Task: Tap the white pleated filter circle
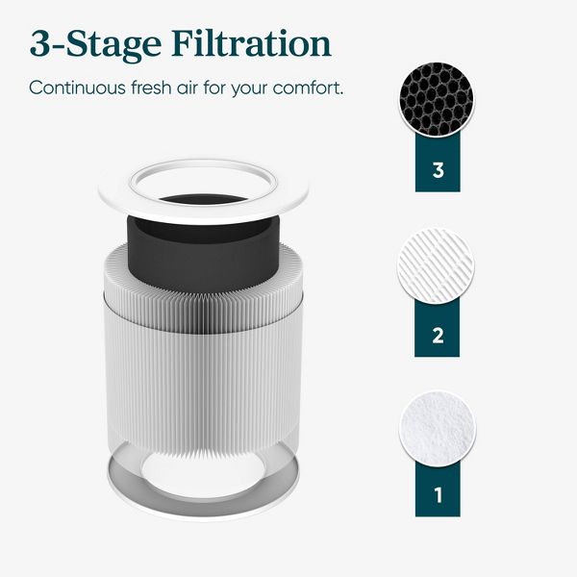pyautogui.click(x=438, y=265)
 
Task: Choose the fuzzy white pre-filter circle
pyautogui.click(x=438, y=428)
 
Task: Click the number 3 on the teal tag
pyautogui.click(x=439, y=171)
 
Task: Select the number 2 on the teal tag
pyautogui.click(x=439, y=336)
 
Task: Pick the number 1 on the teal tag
pyautogui.click(x=439, y=497)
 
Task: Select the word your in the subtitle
pyautogui.click(x=255, y=88)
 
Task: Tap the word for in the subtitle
pyautogui.click(x=222, y=88)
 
